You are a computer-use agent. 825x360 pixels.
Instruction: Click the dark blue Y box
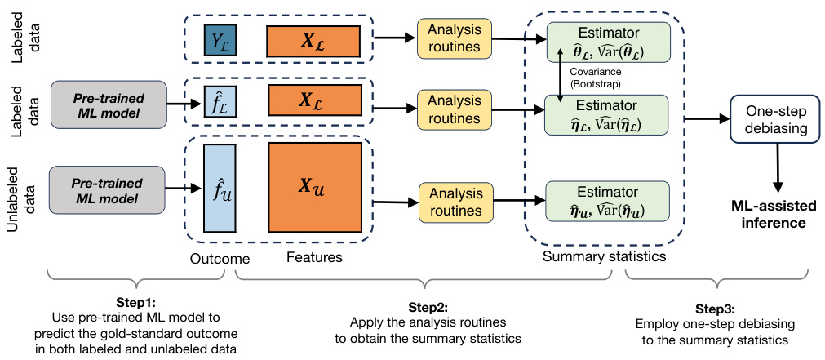(x=220, y=40)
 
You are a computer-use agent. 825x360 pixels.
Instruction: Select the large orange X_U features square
(x=314, y=189)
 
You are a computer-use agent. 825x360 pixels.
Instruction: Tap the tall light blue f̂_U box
(x=220, y=189)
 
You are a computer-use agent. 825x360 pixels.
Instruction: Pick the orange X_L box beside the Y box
(x=313, y=40)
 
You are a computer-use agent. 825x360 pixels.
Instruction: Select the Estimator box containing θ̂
(x=608, y=40)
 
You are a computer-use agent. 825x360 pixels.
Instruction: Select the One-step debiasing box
(x=774, y=120)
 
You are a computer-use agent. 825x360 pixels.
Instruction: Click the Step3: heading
(x=718, y=309)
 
